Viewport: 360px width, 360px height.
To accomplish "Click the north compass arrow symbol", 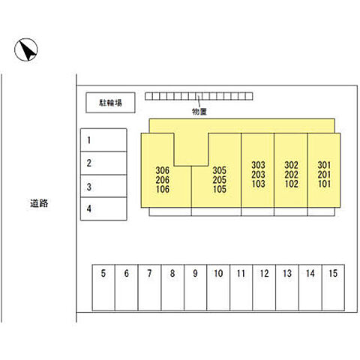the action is [26, 49].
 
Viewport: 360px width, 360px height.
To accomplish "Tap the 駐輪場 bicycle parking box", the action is [110, 103].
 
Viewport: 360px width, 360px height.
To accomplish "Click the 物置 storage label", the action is [199, 112].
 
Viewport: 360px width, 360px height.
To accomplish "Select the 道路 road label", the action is [39, 203].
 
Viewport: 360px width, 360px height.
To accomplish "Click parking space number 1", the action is [103, 140].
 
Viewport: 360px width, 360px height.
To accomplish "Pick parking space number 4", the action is [103, 208].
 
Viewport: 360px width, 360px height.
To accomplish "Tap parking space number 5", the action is [103, 287].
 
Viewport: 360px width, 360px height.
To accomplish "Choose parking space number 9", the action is [196, 287].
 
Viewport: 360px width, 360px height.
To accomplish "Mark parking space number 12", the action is [264, 287].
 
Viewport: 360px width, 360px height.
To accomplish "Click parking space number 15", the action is [333, 287].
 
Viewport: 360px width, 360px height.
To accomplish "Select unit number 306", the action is [163, 170].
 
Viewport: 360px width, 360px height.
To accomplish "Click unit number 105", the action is [220, 189].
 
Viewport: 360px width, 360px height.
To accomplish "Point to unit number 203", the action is [258, 175].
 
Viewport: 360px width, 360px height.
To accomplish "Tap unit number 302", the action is [291, 165].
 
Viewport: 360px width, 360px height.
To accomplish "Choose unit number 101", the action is [324, 184].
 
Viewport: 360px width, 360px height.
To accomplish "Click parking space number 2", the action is [103, 163].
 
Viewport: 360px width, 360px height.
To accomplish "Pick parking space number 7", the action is [149, 287].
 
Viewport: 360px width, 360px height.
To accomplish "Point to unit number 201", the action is [324, 175].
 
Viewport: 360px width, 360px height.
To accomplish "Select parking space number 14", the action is [310, 287].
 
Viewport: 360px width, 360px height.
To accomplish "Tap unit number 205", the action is [220, 180].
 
